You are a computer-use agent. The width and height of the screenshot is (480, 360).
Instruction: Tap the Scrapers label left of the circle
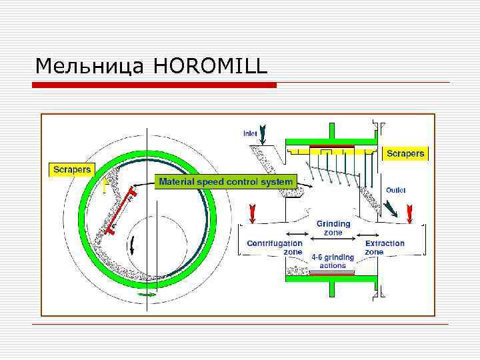tap(73, 169)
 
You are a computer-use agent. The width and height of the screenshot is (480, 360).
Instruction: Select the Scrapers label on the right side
tap(405, 154)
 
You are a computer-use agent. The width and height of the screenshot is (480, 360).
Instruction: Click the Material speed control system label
tap(225, 181)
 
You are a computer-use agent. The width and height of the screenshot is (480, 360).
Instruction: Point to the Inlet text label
tap(250, 133)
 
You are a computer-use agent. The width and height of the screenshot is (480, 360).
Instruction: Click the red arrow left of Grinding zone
tap(252, 214)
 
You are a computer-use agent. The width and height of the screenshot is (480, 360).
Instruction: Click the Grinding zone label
tap(333, 228)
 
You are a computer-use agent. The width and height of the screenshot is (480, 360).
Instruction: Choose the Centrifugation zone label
tap(275, 248)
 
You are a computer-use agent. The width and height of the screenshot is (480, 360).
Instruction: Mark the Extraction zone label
tap(384, 248)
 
